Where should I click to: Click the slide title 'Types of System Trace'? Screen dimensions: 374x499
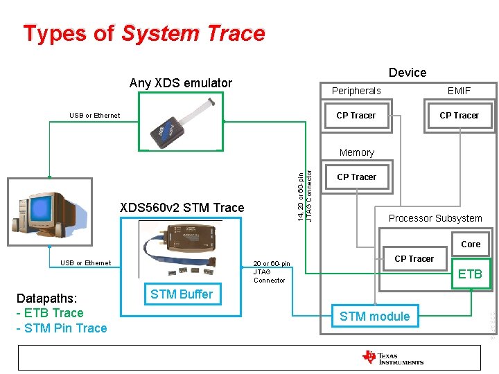pos(144,33)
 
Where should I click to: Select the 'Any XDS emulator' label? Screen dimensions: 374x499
pos(181,83)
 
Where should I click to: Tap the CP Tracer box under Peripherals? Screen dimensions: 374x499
pos(356,116)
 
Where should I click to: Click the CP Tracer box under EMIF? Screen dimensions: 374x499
pos(459,116)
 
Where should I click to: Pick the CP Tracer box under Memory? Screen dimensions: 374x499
pos(356,177)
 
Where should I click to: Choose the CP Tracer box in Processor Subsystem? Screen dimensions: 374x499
pos(414,259)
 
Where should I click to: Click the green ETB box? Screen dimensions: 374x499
pos(470,274)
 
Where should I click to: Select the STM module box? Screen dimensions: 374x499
pos(374,317)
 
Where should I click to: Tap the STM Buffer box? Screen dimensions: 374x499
pos(182,294)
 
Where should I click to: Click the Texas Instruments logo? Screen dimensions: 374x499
pos(393,357)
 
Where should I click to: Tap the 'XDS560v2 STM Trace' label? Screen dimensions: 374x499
pos(182,208)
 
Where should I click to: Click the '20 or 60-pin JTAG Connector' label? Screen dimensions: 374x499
pos(272,271)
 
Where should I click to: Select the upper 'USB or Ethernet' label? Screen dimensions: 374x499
pos(94,116)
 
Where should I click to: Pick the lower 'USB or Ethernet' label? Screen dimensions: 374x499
pos(85,263)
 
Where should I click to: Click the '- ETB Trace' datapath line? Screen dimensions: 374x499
pos(49,313)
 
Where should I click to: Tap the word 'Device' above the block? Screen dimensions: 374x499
pos(408,73)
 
